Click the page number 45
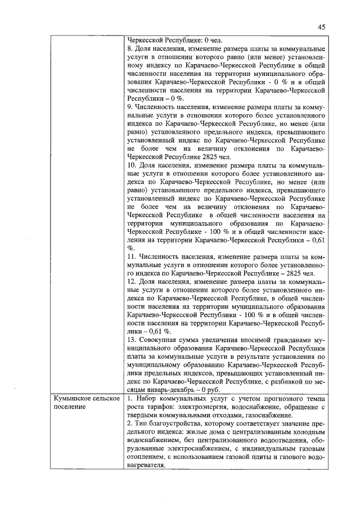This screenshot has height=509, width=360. [x=321, y=27]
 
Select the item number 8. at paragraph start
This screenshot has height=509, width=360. [x=131, y=49]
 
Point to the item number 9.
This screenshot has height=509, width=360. [x=131, y=106]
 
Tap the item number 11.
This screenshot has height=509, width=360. [x=133, y=256]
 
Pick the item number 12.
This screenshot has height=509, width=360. [x=133, y=281]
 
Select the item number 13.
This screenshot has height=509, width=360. [x=133, y=340]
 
